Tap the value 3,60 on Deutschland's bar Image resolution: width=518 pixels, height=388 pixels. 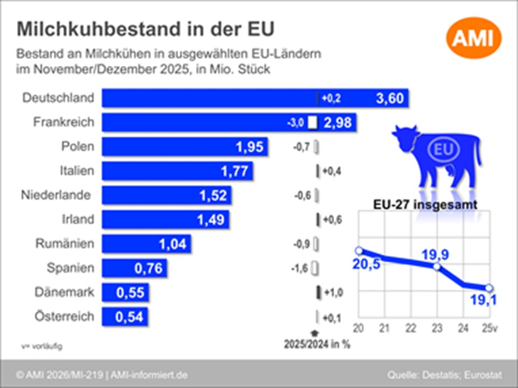pyautogui.click(x=390, y=99)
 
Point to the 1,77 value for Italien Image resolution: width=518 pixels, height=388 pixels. pyautogui.click(x=234, y=170)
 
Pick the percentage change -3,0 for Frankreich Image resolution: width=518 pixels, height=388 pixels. pyautogui.click(x=295, y=123)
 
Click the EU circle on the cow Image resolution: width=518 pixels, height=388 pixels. pyautogui.click(x=443, y=150)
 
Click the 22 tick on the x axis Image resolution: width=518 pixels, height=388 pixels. pyautogui.click(x=410, y=327)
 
